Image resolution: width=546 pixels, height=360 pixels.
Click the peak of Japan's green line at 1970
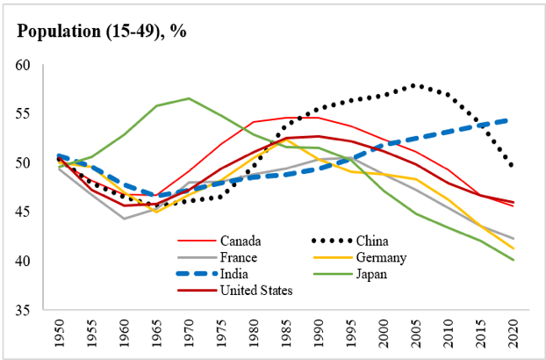tap(189, 98)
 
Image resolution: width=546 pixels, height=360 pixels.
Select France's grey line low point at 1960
tap(123, 219)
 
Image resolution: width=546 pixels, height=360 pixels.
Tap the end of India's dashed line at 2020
tap(514, 119)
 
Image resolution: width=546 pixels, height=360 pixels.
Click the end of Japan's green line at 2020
tap(514, 260)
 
